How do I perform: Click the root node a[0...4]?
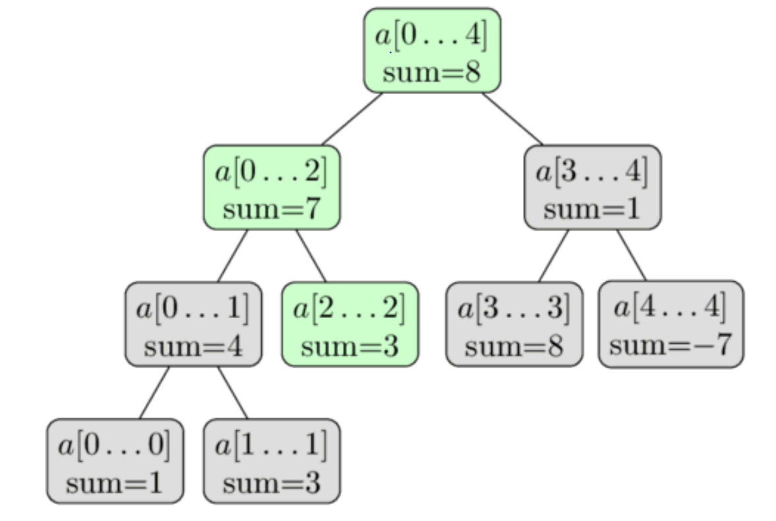tap(432, 51)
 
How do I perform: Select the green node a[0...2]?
tap(272, 188)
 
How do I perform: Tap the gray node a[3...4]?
tap(593, 188)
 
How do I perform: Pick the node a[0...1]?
tap(193, 324)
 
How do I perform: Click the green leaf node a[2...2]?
tap(350, 324)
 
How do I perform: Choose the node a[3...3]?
tap(514, 324)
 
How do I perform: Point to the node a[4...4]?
tap(671, 324)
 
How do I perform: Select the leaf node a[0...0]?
tap(115, 461)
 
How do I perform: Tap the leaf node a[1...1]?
tap(272, 461)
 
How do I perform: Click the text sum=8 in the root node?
tap(432, 71)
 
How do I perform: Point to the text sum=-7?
tap(671, 345)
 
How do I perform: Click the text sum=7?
tap(272, 209)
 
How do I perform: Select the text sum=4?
tap(193, 346)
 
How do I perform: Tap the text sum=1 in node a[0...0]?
tap(115, 483)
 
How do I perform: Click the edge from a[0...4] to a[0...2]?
tap(352, 119)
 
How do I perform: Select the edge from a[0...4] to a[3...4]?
tap(512, 119)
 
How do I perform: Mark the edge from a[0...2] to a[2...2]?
tap(311, 256)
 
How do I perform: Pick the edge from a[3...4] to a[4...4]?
tap(632, 256)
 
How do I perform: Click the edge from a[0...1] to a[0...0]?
tap(154, 393)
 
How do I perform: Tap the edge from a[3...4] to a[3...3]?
tap(553, 256)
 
